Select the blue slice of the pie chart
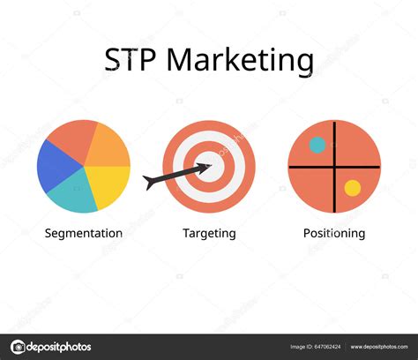pyautogui.click(x=55, y=166)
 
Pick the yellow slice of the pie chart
pyautogui.click(x=111, y=185)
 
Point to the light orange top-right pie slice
pyautogui.click(x=108, y=144)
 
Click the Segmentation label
pyautogui.click(x=84, y=234)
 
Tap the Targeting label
pyautogui.click(x=209, y=234)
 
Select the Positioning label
pyautogui.click(x=334, y=234)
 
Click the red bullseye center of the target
pyautogui.click(x=210, y=165)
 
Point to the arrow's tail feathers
pyautogui.click(x=152, y=183)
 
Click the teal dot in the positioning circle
pyautogui.click(x=317, y=145)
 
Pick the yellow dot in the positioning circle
pyautogui.click(x=352, y=187)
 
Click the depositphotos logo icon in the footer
pyautogui.click(x=19, y=347)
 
